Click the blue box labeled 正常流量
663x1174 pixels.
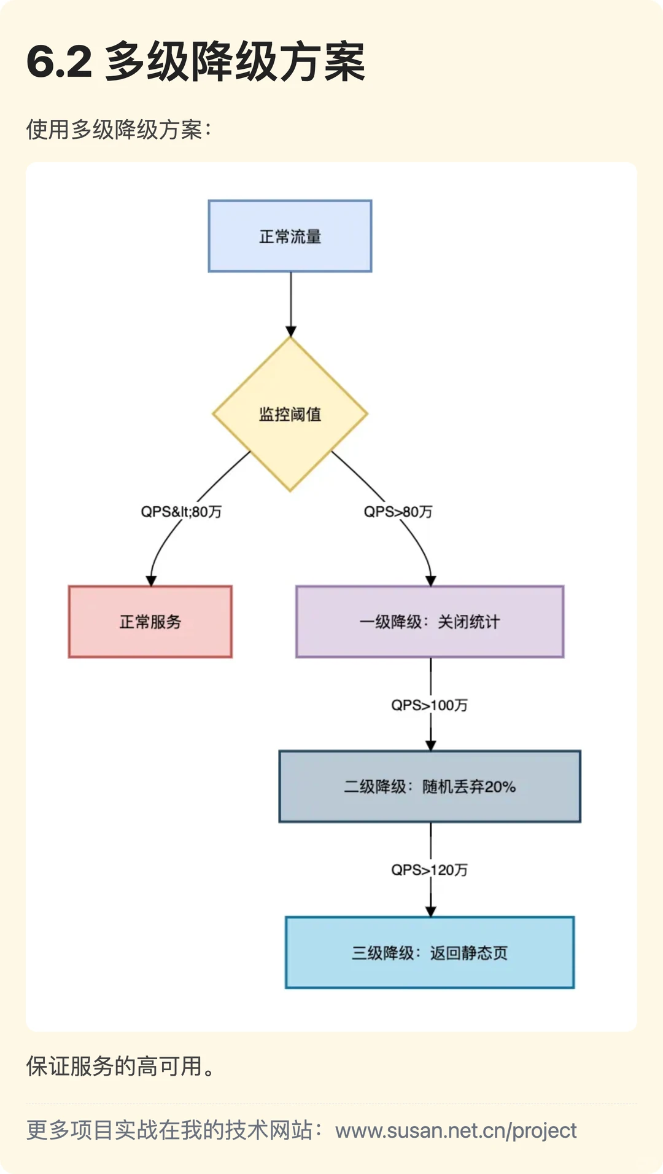pyautogui.click(x=290, y=236)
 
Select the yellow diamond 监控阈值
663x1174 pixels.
pyautogui.click(x=290, y=414)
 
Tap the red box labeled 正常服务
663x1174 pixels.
pyautogui.click(x=150, y=622)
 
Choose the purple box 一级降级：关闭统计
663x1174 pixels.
pyautogui.click(x=430, y=622)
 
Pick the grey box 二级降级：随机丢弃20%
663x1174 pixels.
pyautogui.click(x=430, y=786)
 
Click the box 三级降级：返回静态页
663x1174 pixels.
pyautogui.click(x=430, y=952)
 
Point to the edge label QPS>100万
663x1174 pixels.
pyautogui.click(x=430, y=705)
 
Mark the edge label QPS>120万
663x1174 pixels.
pyautogui.click(x=430, y=870)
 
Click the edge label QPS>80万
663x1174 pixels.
pyautogui.click(x=398, y=512)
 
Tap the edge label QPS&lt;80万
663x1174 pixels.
pyautogui.click(x=181, y=512)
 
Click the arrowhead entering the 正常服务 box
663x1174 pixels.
pyautogui.click(x=151, y=581)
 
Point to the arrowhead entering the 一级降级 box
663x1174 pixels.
pyautogui.click(x=431, y=581)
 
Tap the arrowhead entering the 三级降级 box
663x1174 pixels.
pyautogui.click(x=431, y=912)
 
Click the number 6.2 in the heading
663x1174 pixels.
pyautogui.click(x=60, y=62)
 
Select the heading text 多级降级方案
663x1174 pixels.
pyautogui.click(x=236, y=62)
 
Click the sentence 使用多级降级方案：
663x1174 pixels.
pyautogui.click(x=118, y=130)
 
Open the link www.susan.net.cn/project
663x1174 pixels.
pyautogui.click(x=456, y=1130)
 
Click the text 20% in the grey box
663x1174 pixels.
pyautogui.click(x=500, y=786)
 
